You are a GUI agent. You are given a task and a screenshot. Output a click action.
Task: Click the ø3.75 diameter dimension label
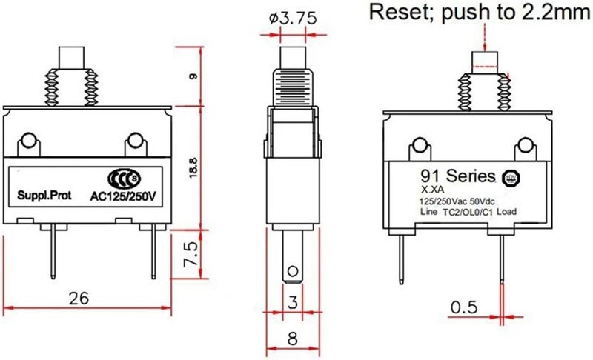point(293,19)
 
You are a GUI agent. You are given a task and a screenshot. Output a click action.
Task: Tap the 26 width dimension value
point(79,298)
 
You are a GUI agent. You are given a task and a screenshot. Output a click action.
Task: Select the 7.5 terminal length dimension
point(191,255)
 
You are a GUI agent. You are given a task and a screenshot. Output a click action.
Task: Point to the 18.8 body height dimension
point(193,168)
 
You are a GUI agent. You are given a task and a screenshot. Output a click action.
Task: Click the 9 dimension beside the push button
point(193,76)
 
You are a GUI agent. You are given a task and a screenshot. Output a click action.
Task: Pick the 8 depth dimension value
point(292,339)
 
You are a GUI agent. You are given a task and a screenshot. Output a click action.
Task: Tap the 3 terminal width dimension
point(293,301)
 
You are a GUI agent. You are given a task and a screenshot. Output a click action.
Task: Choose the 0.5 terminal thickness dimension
point(465,307)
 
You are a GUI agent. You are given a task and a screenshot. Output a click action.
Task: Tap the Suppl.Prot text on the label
point(44,196)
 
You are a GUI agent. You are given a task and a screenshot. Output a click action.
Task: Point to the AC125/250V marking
point(123,196)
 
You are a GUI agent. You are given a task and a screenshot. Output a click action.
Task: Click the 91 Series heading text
point(457,176)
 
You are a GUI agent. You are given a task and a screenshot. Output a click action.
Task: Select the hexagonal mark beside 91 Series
point(511,178)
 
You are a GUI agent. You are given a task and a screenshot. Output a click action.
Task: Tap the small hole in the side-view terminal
point(292,271)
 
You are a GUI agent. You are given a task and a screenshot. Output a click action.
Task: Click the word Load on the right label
point(506,212)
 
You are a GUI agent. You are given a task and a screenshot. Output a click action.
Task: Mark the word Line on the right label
point(429,212)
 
